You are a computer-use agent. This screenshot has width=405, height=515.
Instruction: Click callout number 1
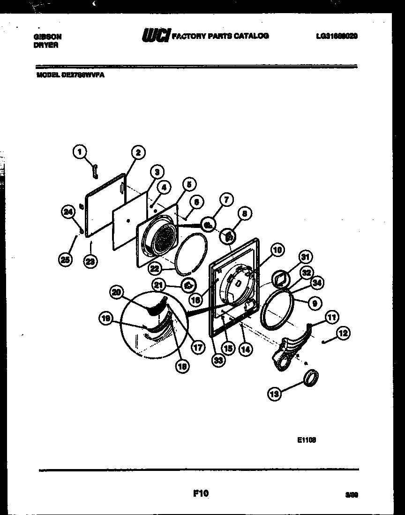pyautogui.click(x=80, y=151)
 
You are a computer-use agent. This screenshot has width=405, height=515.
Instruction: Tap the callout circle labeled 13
pyautogui.click(x=275, y=394)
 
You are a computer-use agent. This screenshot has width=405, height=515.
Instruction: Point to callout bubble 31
pyautogui.click(x=306, y=257)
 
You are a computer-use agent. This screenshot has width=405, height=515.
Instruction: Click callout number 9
pyautogui.click(x=315, y=303)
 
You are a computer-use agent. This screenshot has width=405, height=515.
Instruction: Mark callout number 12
pyautogui.click(x=343, y=333)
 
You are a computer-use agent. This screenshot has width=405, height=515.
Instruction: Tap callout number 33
pyautogui.click(x=217, y=360)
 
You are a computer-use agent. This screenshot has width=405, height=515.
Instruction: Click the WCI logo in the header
pyautogui.click(x=155, y=36)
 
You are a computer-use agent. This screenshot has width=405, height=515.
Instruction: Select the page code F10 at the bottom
pyautogui.click(x=201, y=493)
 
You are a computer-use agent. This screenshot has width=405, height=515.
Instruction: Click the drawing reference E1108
pyautogui.click(x=307, y=440)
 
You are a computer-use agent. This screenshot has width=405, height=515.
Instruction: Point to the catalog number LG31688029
pyautogui.click(x=334, y=36)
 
